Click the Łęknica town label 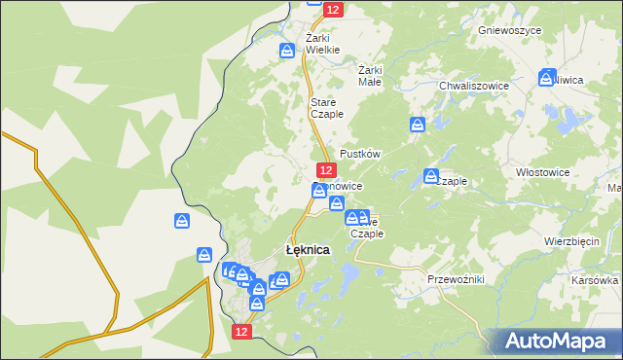pos(307,249)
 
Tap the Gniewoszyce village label pos(509,30)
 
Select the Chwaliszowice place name pos(474,86)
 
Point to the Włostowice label pos(542,169)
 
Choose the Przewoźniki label pos(456,278)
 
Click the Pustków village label pos(359,154)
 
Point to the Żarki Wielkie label pos(323,44)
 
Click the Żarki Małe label pos(370,76)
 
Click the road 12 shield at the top pos(333,9)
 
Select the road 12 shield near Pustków pos(326,169)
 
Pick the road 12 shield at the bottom pos(242,332)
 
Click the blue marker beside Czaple pos(431,176)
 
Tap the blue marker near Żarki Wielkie pos(287,50)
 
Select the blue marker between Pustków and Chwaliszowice pos(418,125)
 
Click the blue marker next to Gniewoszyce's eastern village pos(547,77)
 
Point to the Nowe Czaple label pos(368,227)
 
